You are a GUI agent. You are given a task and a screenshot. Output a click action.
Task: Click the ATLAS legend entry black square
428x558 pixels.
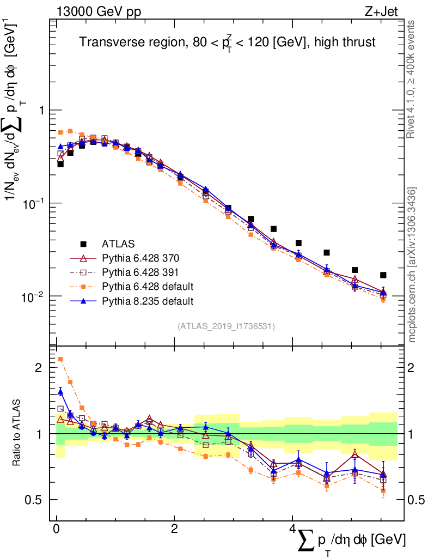pyautogui.click(x=83, y=243)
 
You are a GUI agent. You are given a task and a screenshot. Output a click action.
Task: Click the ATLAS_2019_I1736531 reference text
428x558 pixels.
pyautogui.click(x=226, y=326)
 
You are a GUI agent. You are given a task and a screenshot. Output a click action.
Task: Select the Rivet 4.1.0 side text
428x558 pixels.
pyautogui.click(x=412, y=79)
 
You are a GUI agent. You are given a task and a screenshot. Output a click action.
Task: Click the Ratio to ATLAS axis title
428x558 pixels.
pyautogui.click(x=18, y=433)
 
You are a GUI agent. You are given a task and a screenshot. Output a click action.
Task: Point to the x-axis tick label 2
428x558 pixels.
pyautogui.click(x=174, y=529)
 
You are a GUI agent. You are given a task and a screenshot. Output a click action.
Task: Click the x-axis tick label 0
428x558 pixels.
pyautogui.click(x=56, y=529)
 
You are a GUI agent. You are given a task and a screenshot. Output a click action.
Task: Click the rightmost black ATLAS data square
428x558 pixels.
pyautogui.click(x=383, y=275)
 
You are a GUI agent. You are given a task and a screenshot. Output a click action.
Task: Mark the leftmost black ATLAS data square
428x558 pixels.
pyautogui.click(x=60, y=163)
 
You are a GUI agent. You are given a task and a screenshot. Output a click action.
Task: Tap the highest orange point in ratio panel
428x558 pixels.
pyautogui.click(x=60, y=359)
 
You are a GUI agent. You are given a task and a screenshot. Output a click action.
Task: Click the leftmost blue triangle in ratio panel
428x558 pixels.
pyautogui.click(x=60, y=392)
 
